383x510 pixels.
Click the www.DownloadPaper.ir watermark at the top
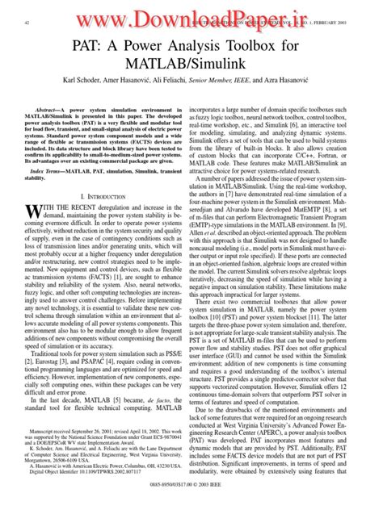coord(191,18)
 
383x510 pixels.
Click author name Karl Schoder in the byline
coord(97,105)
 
